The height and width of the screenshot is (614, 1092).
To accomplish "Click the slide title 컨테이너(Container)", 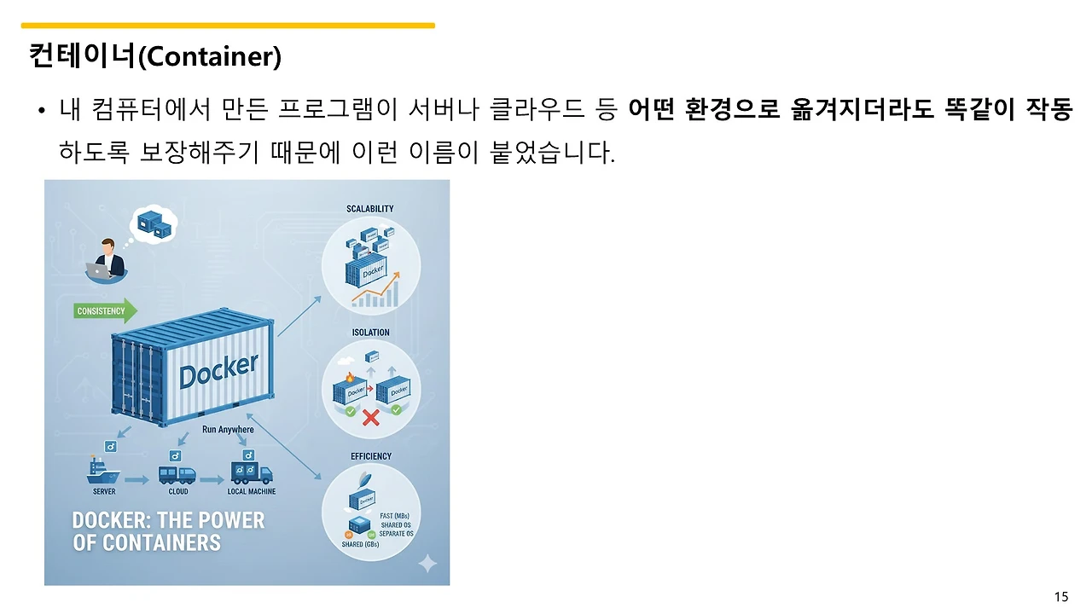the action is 154,56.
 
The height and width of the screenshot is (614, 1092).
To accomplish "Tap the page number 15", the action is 1061,597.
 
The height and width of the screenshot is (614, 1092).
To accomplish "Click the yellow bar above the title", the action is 228,26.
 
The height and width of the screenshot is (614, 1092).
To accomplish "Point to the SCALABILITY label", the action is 369,209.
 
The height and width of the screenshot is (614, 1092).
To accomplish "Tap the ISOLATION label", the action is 370,333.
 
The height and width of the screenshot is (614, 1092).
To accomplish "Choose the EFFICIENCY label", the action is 371,456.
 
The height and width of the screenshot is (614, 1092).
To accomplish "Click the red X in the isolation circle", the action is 371,418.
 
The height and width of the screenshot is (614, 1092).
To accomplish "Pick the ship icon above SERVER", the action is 103,471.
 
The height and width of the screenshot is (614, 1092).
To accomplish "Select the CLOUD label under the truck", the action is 177,492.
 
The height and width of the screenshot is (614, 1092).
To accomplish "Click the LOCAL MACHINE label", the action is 251,492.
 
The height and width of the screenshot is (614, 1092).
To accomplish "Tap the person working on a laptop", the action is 107,258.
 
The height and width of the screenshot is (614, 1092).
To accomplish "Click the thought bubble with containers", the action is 154,223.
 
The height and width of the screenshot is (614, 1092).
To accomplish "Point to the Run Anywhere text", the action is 228,430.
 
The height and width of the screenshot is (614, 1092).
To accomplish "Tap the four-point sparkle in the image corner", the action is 427,564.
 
